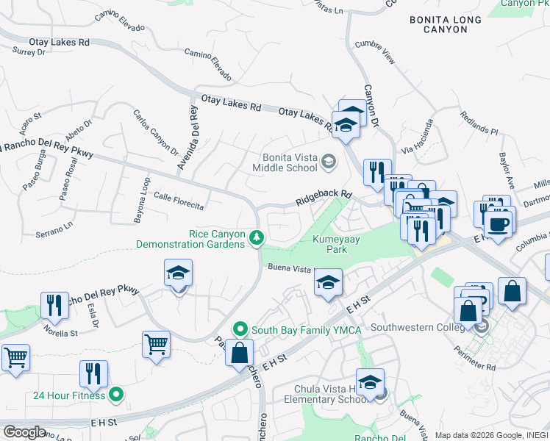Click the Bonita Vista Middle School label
(x=294, y=162)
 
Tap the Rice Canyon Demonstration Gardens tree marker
(x=257, y=237)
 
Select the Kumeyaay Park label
(x=329, y=244)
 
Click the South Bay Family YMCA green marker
(x=239, y=329)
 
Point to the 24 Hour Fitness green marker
(x=115, y=395)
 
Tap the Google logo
(x=24, y=431)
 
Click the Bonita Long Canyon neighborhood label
(x=446, y=24)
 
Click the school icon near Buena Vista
(x=328, y=282)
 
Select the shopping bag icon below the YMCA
(x=239, y=353)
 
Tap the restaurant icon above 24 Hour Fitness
(x=93, y=373)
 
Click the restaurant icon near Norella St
(x=55, y=305)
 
